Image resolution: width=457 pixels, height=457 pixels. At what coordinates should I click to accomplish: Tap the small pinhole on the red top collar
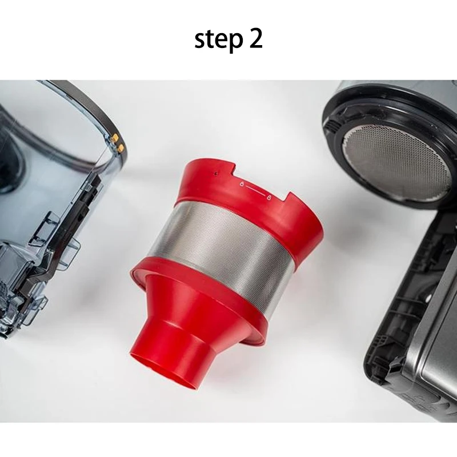pyautogui.click(x=215, y=171)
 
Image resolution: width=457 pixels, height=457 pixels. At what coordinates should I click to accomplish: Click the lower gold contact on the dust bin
pyautogui.click(x=121, y=148)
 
